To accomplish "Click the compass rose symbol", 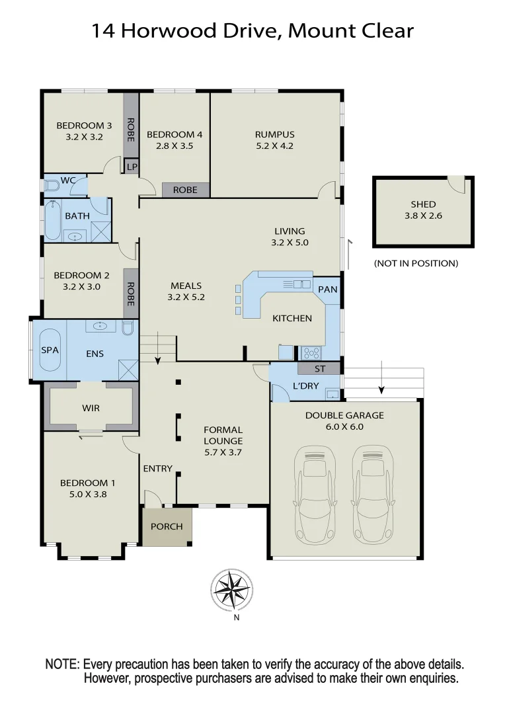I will tap(231, 589).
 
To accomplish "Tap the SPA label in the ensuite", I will tap(50, 350).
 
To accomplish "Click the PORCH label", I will tap(167, 527).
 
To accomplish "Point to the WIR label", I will tap(91, 408).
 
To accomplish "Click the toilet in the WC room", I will tap(51, 186).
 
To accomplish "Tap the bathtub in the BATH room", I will tap(53, 221).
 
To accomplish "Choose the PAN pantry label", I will tap(327, 289).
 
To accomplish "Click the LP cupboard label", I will tap(132, 167).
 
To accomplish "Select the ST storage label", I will tap(319, 369).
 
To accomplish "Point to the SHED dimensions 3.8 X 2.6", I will tap(423, 216).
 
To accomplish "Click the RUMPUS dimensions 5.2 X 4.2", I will tap(274, 146).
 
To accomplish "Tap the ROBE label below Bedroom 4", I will tap(185, 190).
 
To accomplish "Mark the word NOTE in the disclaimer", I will tap(62, 664).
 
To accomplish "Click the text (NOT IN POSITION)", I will tap(416, 263).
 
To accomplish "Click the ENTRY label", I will tap(157, 469).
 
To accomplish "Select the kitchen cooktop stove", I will tap(311, 352).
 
